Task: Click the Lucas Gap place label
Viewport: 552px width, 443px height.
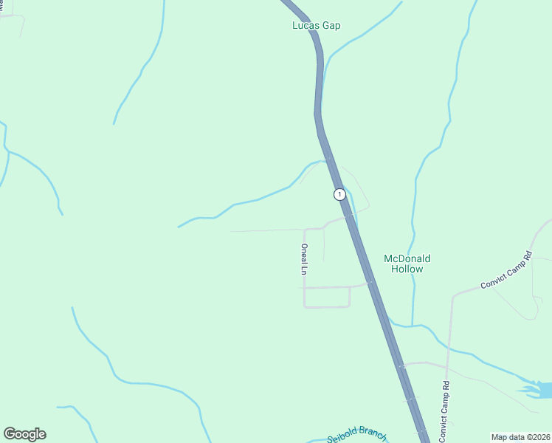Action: coord(316,25)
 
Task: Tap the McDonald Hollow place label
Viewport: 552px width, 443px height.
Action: coord(407,264)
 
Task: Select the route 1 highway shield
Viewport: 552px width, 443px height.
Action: coord(339,194)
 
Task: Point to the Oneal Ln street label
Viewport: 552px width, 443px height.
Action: coord(303,259)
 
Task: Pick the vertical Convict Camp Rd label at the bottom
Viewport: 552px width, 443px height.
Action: coord(444,411)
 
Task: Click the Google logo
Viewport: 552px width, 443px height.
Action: coord(24,434)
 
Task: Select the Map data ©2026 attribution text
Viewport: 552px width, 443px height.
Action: coord(520,437)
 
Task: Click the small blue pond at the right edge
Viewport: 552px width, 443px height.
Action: coord(538,388)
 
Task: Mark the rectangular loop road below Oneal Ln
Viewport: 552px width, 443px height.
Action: coord(327,297)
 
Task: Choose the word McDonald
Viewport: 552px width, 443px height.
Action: coord(407,258)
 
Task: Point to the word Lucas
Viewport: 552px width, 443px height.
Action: coord(305,25)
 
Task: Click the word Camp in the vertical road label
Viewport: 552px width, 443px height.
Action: coord(444,411)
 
